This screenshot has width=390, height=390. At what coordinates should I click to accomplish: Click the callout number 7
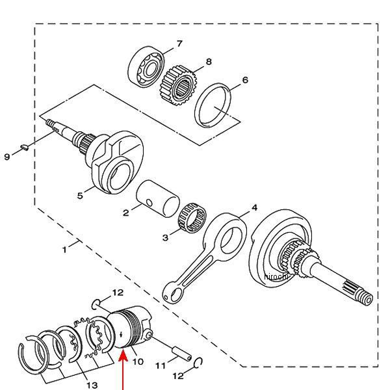(179, 44)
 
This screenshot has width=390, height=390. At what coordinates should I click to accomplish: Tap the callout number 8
(209, 62)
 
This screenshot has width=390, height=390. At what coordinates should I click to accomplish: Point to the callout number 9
(7, 157)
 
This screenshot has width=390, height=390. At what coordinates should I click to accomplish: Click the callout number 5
(81, 194)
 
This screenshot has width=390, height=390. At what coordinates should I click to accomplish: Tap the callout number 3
(166, 238)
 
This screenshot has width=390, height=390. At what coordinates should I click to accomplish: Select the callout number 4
(255, 207)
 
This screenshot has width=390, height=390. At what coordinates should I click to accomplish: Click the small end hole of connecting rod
(171, 296)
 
